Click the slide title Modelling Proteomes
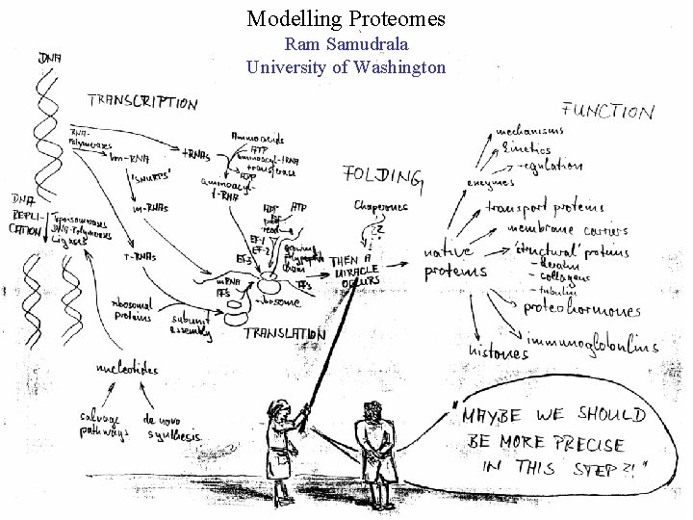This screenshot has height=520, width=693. [x=346, y=18]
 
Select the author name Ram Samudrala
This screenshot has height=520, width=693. [x=346, y=44]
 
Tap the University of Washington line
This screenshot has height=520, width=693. [x=346, y=67]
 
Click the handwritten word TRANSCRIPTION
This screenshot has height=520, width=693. [x=142, y=101]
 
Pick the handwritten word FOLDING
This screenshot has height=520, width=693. [x=382, y=175]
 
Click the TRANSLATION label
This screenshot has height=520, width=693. [x=284, y=334]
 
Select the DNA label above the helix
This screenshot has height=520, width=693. [x=51, y=60]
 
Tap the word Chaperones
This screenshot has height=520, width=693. [x=381, y=206]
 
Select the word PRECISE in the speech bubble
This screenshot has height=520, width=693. [x=577, y=445]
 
